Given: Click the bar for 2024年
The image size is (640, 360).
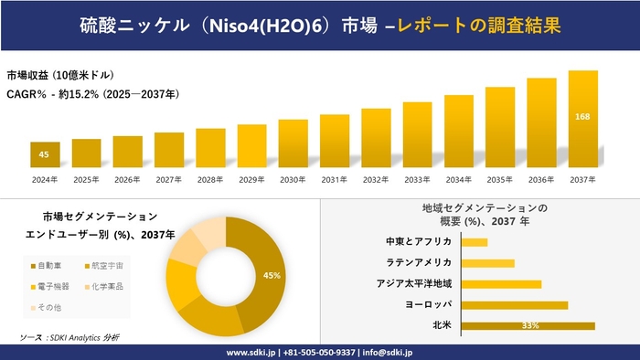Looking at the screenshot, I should click(x=44, y=155).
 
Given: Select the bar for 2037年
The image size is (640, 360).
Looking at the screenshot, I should click(x=582, y=119).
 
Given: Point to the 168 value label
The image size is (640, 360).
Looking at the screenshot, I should click(x=582, y=117).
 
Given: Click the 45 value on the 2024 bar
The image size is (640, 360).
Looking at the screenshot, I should click(x=44, y=154).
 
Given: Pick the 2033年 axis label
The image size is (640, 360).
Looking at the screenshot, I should click(x=417, y=179).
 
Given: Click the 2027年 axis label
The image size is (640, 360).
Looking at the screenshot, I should click(x=169, y=179).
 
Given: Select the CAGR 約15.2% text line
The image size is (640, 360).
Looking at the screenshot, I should click(x=92, y=94).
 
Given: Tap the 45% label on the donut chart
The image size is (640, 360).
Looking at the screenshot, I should click(x=272, y=275).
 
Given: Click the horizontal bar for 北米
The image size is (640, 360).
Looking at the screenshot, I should click(x=528, y=325).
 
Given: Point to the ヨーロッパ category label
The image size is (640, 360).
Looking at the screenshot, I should click(x=427, y=304).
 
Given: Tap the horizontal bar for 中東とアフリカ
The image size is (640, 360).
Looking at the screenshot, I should click(x=475, y=242).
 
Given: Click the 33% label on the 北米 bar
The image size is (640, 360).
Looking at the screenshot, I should click(x=528, y=325).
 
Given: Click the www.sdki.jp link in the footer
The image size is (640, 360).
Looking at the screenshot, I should click(x=251, y=352).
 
